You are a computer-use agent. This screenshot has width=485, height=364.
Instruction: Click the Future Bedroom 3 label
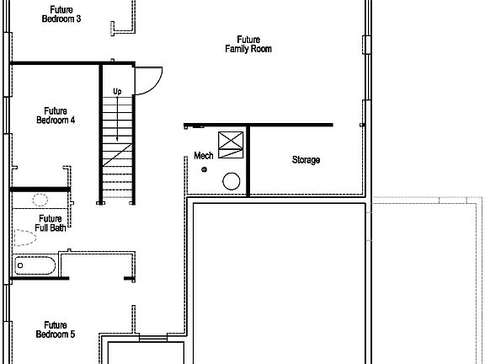pos(61,14)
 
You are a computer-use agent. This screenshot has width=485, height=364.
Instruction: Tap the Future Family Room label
pos(248,44)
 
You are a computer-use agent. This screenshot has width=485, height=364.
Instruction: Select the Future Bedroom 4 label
pos(56,115)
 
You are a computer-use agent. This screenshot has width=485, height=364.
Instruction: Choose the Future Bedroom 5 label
pos(56,329)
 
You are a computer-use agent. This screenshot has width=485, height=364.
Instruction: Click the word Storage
pos(306,160)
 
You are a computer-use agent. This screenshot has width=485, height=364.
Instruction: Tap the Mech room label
pos(204,156)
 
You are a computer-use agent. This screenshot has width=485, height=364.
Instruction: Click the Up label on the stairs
pos(117,90)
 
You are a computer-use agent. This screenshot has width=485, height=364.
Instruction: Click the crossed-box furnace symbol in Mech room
pos(231,145)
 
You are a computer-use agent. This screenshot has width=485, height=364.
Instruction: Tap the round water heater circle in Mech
pos(231,180)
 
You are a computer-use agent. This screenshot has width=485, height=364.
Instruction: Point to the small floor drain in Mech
pos(203,169)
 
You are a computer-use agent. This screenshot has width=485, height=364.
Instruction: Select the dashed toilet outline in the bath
pos(26,237)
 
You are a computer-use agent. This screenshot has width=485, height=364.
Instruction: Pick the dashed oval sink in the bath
pos(39,201)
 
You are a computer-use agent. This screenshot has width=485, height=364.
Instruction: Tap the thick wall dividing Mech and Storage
pos(248,160)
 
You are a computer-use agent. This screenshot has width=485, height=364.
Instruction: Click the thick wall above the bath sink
pos(39,189)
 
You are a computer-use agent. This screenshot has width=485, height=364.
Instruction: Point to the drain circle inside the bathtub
pos(20,268)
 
